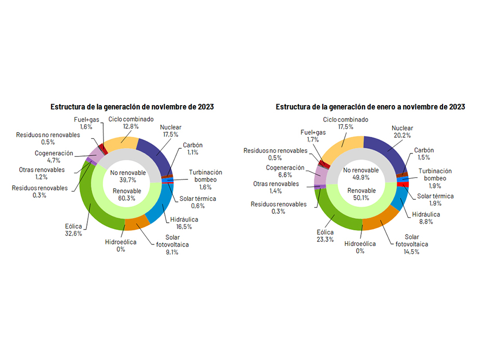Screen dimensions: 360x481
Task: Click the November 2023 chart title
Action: tap(132, 107)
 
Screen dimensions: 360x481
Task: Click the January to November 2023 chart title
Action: tap(370, 107)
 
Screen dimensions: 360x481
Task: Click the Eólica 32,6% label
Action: tap(72, 229)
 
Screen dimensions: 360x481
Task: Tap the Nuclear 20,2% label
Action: tap(402, 132)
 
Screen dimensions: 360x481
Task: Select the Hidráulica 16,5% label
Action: tap(184, 223)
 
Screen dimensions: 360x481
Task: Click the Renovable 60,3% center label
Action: tap(126, 194)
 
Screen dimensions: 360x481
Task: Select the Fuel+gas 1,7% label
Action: tap(313, 136)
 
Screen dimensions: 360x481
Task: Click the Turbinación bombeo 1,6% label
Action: tap(205, 179)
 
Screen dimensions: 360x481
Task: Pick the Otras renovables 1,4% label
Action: tap(276, 188)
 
